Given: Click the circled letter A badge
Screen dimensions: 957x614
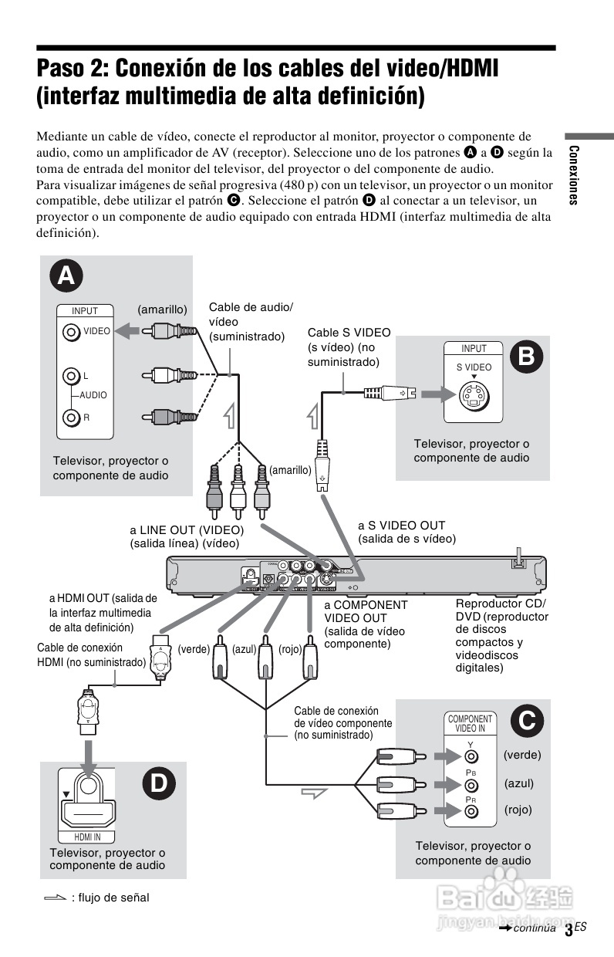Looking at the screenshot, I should tap(67, 276).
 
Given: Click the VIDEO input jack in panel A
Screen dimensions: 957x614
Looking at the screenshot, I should tap(72, 332).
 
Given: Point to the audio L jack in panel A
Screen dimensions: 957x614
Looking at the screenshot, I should tap(72, 376).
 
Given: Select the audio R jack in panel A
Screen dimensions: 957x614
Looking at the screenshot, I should tap(72, 418).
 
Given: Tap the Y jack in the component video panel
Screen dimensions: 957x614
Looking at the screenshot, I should tap(471, 758).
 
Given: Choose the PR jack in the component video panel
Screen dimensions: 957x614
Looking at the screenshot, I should tap(471, 812).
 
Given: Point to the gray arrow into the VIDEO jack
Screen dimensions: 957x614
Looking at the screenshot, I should tap(129, 331).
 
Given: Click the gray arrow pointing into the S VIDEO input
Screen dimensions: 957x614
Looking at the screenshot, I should tap(435, 394).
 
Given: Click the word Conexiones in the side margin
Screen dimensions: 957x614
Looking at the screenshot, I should tap(572, 174).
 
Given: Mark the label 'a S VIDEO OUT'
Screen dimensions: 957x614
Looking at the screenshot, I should tap(401, 526).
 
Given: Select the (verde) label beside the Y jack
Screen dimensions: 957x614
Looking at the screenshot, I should tap(522, 755).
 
